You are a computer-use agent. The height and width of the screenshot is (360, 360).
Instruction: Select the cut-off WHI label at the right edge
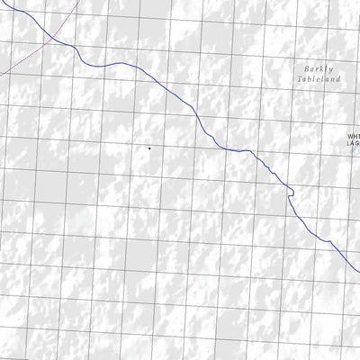pos(354,138)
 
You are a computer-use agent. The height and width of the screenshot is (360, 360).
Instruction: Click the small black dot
pos(148,147)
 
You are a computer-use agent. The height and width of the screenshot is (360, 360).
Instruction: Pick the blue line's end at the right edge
pos(358,267)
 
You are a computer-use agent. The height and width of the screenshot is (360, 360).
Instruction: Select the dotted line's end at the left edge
pos(1,73)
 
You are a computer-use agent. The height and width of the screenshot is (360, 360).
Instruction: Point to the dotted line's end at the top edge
pos(64,1)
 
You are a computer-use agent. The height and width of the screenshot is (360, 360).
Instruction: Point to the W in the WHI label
pos(351,138)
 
